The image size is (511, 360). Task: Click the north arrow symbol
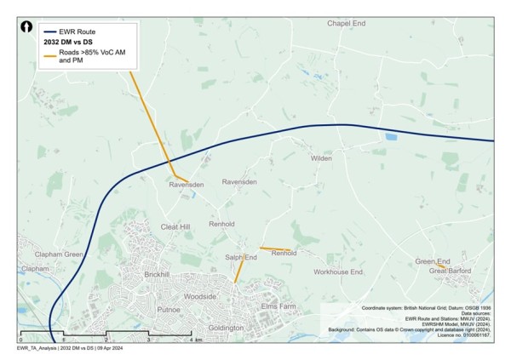(28, 28)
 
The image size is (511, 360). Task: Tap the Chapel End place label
(351, 23)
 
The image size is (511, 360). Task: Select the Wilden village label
(321, 158)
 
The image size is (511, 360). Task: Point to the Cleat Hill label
(175, 227)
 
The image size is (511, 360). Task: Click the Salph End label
(241, 256)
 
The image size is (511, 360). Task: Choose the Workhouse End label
(337, 271)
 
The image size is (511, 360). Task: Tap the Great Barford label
(450, 271)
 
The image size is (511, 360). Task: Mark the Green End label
(432, 261)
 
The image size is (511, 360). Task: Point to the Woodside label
(201, 295)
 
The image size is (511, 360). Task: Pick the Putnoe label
(169, 310)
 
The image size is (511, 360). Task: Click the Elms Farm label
(278, 305)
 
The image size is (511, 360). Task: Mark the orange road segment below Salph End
(238, 271)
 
